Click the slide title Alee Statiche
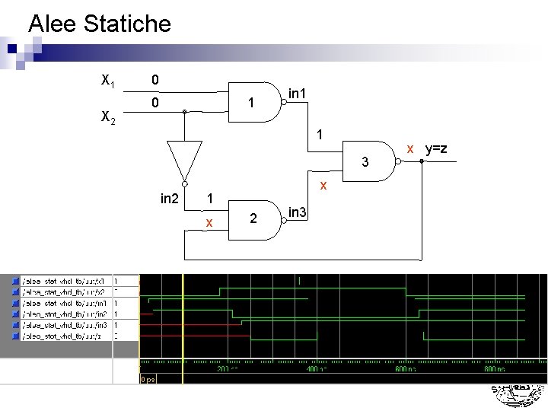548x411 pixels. pyautogui.click(x=100, y=24)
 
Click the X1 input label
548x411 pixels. pyautogui.click(x=108, y=79)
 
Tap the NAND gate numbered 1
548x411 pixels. pyautogui.click(x=255, y=102)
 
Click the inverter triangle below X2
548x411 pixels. pyautogui.click(x=184, y=160)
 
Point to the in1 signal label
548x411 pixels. pyautogui.click(x=298, y=94)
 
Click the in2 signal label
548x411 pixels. pyautogui.click(x=170, y=199)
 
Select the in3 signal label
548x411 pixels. pyautogui.click(x=298, y=212)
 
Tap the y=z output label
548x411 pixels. pyautogui.click(x=436, y=148)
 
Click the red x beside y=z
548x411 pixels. pyautogui.click(x=410, y=148)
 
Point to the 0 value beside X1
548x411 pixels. pyautogui.click(x=155, y=79)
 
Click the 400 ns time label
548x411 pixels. pyautogui.click(x=315, y=368)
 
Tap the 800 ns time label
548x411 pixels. pyautogui.click(x=494, y=368)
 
